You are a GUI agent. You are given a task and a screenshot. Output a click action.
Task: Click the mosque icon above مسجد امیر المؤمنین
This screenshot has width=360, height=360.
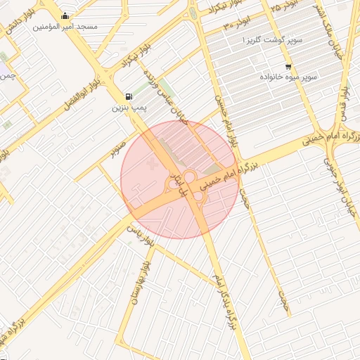tap(65, 16)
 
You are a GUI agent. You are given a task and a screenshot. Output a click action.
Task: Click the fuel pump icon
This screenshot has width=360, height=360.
tap(128, 96)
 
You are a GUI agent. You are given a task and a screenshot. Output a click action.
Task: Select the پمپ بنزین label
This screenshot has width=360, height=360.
tap(129, 109)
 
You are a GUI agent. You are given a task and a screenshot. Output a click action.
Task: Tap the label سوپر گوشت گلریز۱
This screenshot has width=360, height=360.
tap(272, 41)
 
